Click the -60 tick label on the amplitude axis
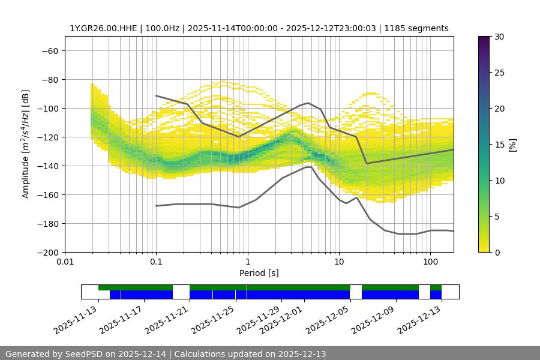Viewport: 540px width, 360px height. [x=49, y=50]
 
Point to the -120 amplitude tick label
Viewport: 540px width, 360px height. [x=47, y=137]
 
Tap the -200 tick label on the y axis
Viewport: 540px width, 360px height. [x=47, y=252]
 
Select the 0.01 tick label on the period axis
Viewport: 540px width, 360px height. [x=65, y=262]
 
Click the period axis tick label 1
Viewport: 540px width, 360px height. [x=247, y=262]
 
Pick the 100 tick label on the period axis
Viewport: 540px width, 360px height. [x=430, y=262]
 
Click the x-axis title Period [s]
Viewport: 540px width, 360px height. [x=259, y=273]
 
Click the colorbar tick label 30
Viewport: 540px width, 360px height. [x=499, y=37]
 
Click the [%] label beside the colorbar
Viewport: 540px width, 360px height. [x=512, y=145]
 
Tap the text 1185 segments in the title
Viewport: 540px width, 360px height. [x=416, y=28]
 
